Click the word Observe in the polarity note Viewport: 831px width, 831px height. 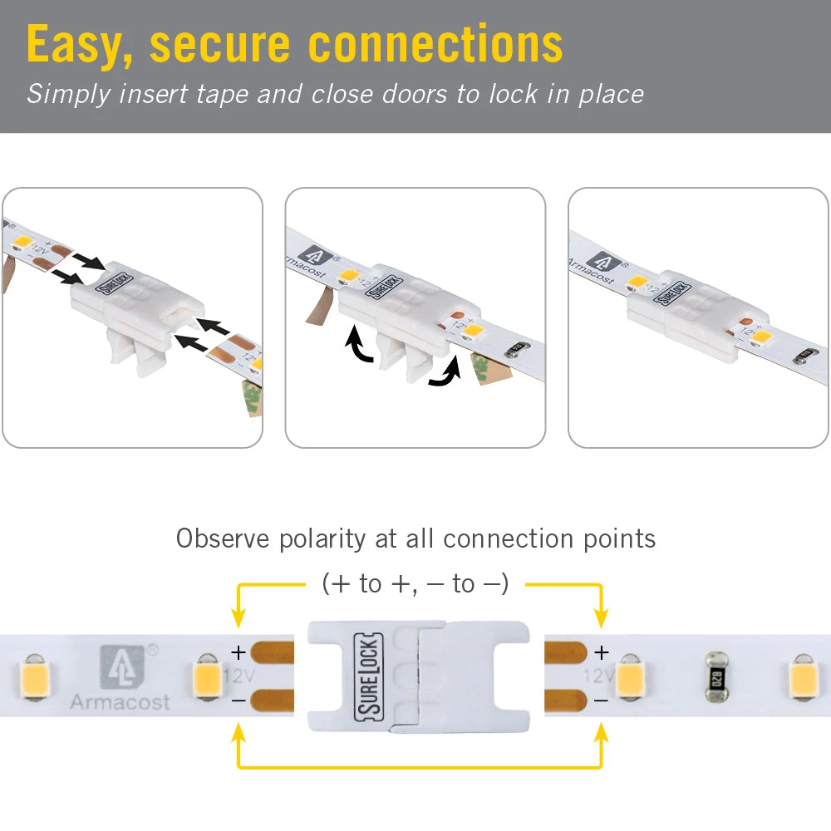tap(224, 538)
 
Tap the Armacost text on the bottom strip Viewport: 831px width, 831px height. tap(119, 702)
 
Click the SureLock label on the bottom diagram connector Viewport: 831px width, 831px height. tap(366, 676)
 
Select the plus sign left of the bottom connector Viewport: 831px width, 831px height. tap(238, 652)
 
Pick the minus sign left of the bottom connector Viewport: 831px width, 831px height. tap(238, 701)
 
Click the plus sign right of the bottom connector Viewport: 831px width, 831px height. tap(602, 652)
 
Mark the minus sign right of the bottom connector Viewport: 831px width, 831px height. tap(602, 701)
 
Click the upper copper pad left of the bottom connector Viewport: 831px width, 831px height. tap(272, 652)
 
